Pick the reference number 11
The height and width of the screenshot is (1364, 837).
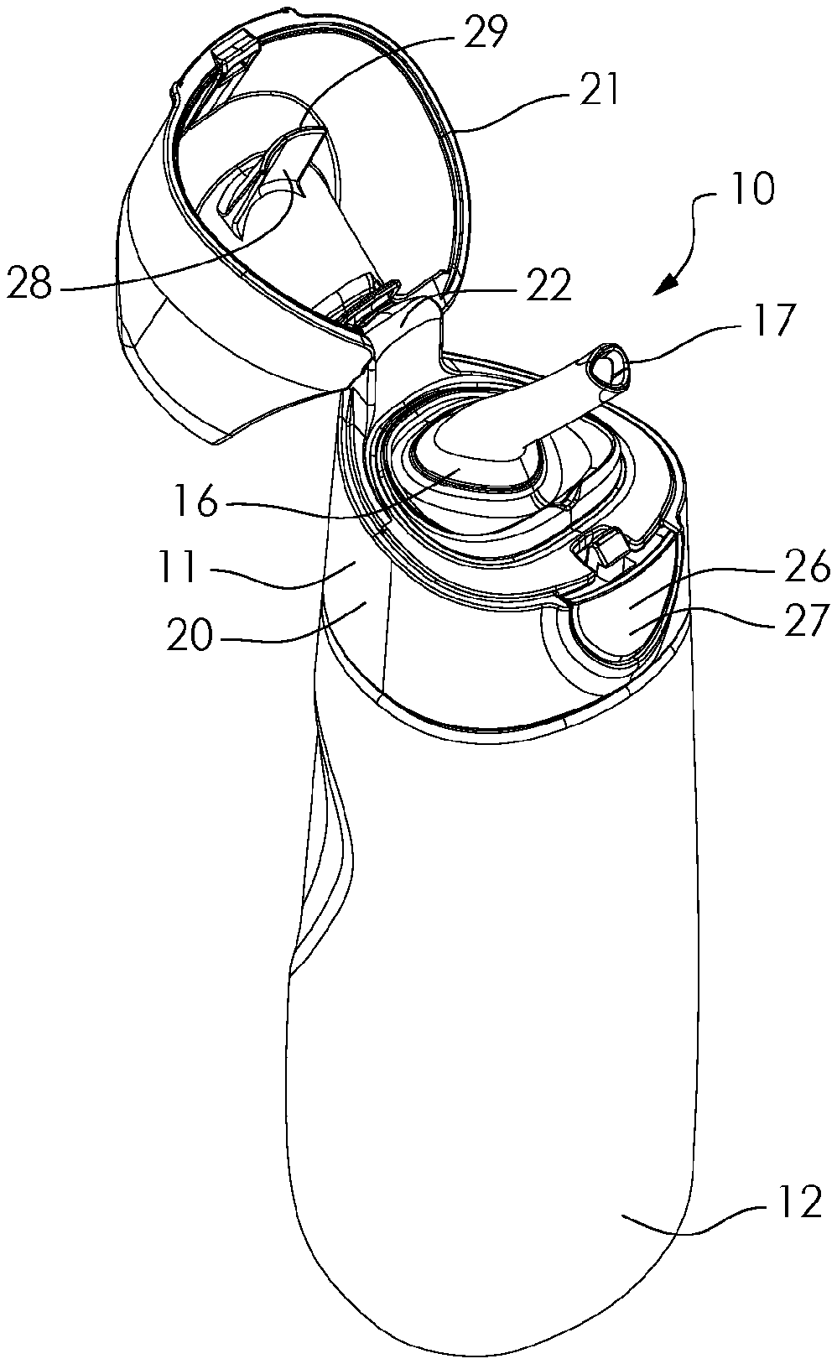[x=176, y=568]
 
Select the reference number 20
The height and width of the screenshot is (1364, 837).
[x=190, y=634]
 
